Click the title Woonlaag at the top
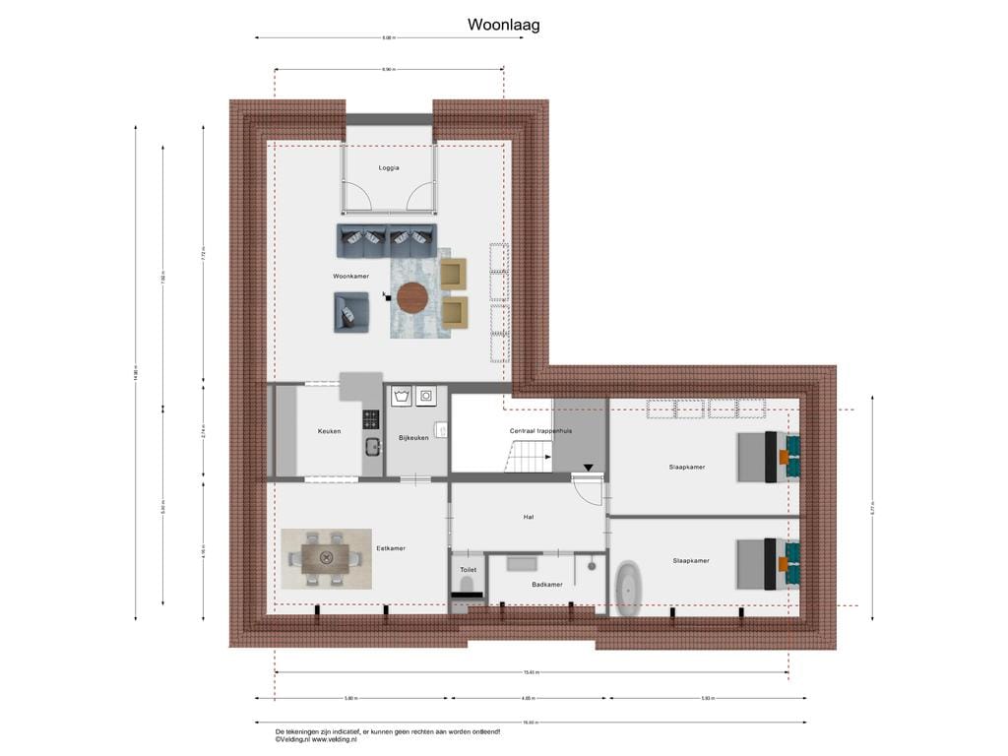(503, 26)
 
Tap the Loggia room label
(389, 168)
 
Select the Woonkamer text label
(351, 277)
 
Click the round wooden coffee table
(410, 295)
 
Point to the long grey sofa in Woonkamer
(386, 237)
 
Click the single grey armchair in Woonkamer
(351, 313)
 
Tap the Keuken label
(329, 431)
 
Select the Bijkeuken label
(413, 438)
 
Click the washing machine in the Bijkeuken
(401, 397)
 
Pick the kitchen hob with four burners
(371, 418)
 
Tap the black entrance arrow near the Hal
(589, 469)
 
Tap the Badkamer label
(546, 585)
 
